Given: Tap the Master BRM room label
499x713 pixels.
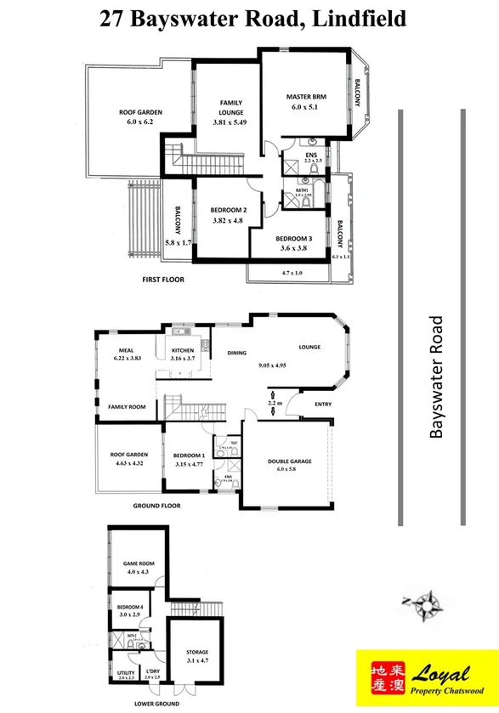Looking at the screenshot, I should [x=306, y=98].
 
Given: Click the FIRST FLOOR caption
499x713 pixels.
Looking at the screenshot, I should [x=163, y=279].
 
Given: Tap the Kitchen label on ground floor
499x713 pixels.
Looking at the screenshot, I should [x=183, y=350].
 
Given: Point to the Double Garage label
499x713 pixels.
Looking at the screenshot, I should [x=290, y=461].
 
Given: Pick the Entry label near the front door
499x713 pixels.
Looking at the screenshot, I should [x=324, y=404].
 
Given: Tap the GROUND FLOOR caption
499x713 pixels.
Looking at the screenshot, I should [x=159, y=505].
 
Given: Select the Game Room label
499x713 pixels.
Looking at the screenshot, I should [x=137, y=563].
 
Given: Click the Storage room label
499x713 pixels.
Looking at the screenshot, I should [x=196, y=653].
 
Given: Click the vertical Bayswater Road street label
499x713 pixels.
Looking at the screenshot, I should [x=437, y=376].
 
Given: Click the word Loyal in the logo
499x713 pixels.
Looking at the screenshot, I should [x=441, y=675].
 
